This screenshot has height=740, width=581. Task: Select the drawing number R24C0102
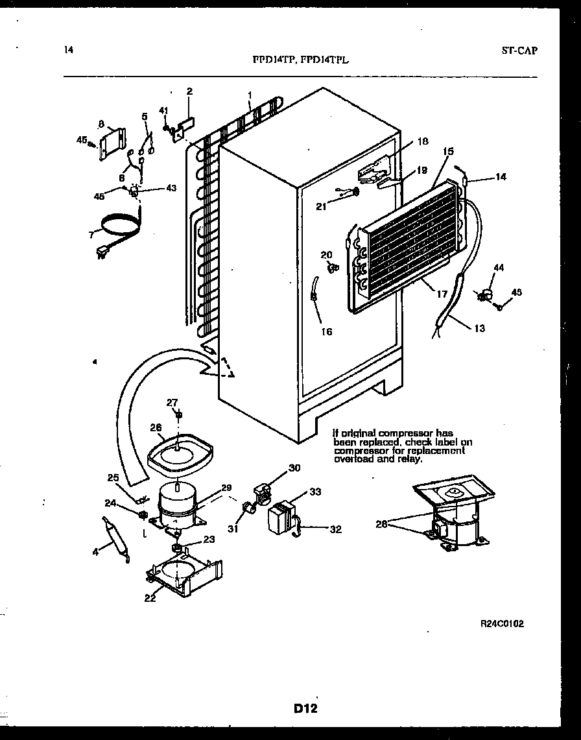pyautogui.click(x=502, y=624)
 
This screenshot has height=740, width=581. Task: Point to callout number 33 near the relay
pyautogui.click(x=315, y=492)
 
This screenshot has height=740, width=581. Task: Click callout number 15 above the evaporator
pyautogui.click(x=447, y=152)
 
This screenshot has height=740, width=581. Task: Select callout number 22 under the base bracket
pyautogui.click(x=150, y=598)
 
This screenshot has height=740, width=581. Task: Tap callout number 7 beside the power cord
pyautogui.click(x=91, y=234)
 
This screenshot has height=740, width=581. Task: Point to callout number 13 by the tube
pyautogui.click(x=479, y=328)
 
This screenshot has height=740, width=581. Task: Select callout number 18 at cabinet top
pyautogui.click(x=421, y=141)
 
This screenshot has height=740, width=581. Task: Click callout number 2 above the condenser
pyautogui.click(x=189, y=91)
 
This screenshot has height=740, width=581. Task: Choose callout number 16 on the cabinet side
pyautogui.click(x=326, y=331)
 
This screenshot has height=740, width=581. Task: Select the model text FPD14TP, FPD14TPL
pyautogui.click(x=300, y=59)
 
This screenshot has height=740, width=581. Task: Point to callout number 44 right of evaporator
pyautogui.click(x=498, y=267)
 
